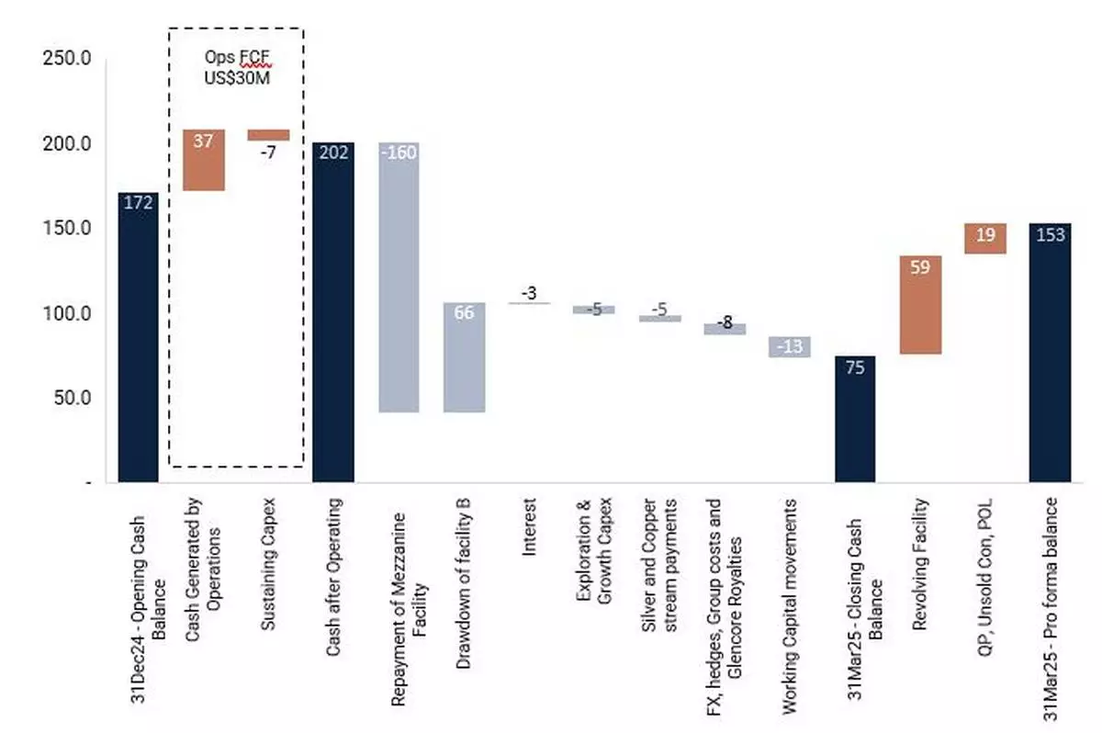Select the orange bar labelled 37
click(204, 160)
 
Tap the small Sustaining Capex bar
click(268, 135)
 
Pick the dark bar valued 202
click(333, 312)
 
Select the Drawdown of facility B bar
click(464, 357)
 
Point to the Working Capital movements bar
click(790, 346)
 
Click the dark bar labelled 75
click(855, 419)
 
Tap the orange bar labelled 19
click(985, 238)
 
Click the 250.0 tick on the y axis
click(67, 59)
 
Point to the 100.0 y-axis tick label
click(67, 314)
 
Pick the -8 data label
click(725, 321)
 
